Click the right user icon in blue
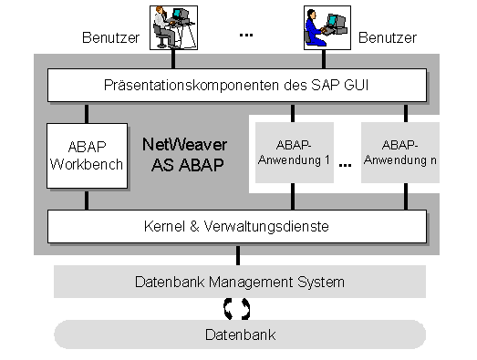tap(326, 26)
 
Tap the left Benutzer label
tap(110, 38)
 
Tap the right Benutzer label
tap(387, 38)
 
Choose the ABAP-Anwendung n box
tap(400, 151)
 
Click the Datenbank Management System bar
tap(239, 282)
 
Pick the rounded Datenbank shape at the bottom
tap(239, 334)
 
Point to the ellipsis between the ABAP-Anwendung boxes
tap(346, 167)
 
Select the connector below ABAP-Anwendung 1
tap(292, 196)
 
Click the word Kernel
tap(164, 224)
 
